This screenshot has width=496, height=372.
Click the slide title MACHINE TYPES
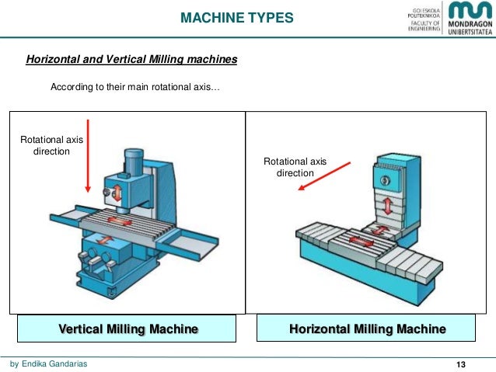click(x=237, y=16)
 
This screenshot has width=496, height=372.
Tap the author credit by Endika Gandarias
click(x=48, y=363)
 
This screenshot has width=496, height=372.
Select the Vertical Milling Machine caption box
click(x=128, y=329)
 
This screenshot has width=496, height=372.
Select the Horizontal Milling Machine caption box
click(x=368, y=329)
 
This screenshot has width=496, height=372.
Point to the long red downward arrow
click(x=89, y=155)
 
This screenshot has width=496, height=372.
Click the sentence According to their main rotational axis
click(x=135, y=87)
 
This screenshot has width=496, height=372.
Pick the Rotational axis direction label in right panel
click(x=295, y=167)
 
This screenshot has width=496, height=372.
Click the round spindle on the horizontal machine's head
click(x=384, y=179)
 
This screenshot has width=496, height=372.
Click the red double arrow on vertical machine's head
click(x=117, y=190)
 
